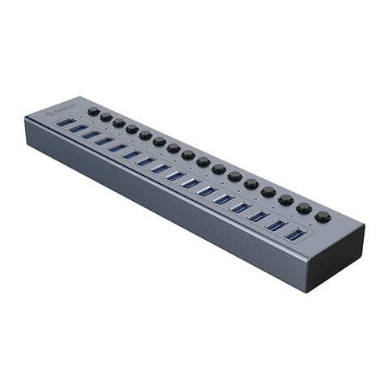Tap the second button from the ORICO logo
coord(106,117)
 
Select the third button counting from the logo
coord(119,122)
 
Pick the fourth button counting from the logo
coord(132,128)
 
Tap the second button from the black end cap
coord(304,208)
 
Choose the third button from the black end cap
coord(285,199)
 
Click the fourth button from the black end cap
coord(268,191)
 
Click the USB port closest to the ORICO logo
coord(66,122)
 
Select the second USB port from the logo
coord(78,127)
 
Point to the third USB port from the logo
coord(91,134)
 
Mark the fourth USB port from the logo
coord(104,140)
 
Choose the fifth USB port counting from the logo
coord(118,147)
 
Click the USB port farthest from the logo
coord(296,235)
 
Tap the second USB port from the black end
coord(276,225)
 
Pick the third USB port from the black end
coord(258,216)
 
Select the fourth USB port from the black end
coord(240,207)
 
